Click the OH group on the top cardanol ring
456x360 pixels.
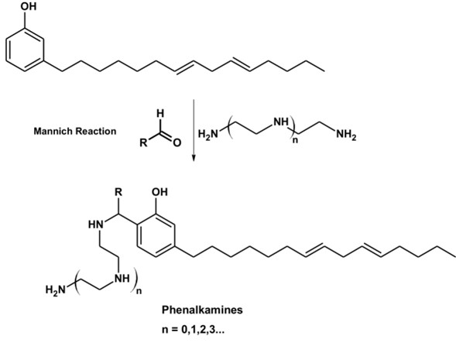click(x=29, y=6)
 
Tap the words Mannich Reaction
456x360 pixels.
click(x=75, y=131)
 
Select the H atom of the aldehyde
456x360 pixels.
click(x=160, y=114)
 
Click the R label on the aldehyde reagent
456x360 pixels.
click(x=143, y=142)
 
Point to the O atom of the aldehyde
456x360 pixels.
click(x=177, y=142)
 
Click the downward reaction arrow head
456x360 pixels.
click(x=194, y=158)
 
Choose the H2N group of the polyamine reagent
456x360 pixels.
click(x=208, y=135)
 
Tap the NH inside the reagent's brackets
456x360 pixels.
click(x=281, y=122)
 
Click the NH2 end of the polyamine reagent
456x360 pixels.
click(x=346, y=135)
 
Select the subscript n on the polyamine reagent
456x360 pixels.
click(x=295, y=141)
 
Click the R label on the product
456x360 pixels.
click(x=118, y=192)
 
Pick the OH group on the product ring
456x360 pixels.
click(x=159, y=192)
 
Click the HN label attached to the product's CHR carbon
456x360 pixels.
click(x=96, y=225)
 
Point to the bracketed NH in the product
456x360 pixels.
click(x=122, y=278)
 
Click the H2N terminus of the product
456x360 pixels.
click(x=56, y=290)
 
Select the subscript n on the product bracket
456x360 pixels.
click(x=139, y=291)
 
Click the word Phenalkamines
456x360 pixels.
click(x=202, y=310)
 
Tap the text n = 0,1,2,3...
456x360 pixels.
click(x=193, y=330)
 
